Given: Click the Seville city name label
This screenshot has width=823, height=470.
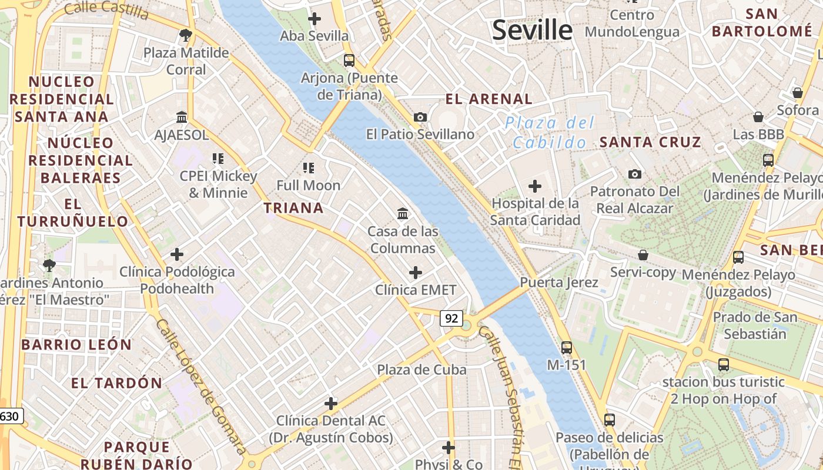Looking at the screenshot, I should (x=532, y=30).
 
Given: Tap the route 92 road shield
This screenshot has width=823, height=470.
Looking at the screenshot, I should (x=451, y=318).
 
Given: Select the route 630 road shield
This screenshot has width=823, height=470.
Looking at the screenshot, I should (x=11, y=417).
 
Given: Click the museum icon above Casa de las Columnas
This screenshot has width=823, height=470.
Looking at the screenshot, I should (x=403, y=213).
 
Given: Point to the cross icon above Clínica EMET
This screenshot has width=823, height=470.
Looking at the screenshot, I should (x=416, y=272).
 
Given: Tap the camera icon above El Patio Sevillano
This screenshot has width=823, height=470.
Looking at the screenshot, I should (x=420, y=117).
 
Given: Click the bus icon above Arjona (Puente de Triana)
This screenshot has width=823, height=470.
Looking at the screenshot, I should (x=349, y=60).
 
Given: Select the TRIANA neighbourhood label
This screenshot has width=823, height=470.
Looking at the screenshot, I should (x=293, y=208).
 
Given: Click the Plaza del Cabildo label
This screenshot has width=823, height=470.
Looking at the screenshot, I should (x=549, y=133).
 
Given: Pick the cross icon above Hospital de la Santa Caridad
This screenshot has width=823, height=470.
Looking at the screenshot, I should (x=535, y=186).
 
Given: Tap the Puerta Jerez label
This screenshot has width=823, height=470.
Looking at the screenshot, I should (x=558, y=283).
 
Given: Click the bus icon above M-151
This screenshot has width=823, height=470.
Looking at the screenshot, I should (x=567, y=347).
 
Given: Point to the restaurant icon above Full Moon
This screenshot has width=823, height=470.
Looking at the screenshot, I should (x=309, y=168).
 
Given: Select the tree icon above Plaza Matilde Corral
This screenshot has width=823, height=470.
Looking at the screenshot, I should (x=186, y=35).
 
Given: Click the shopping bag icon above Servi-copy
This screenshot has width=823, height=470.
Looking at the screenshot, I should (x=643, y=255).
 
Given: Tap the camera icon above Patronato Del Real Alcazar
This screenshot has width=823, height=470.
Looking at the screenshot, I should (x=635, y=174).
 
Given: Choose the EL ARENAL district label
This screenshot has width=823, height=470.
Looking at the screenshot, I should (x=489, y=99).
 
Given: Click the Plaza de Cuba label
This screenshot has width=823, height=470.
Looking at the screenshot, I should (x=421, y=370).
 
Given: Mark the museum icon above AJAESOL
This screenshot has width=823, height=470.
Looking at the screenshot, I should (x=182, y=117).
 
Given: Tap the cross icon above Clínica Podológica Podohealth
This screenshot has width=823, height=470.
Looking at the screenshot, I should (x=177, y=254).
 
